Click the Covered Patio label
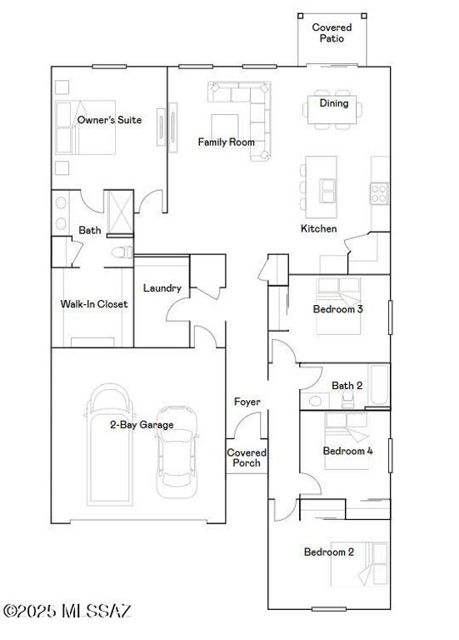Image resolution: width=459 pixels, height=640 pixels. point(332,32)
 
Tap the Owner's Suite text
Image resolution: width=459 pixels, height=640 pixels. point(109,120)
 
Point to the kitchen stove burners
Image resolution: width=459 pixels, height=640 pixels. point(379,193)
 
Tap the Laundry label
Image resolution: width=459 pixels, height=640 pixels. point(162,288)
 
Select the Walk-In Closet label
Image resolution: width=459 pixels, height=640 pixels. point(94,304)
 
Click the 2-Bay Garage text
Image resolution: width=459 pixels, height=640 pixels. point(142,425)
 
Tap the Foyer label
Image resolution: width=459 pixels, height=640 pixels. point(247,402)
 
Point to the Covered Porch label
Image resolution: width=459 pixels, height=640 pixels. point(246,457)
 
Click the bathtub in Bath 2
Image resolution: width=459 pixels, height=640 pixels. point(379,385)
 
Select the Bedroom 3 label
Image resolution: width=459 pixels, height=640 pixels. point(337,309)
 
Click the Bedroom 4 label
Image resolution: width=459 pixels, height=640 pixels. point(347,451)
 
